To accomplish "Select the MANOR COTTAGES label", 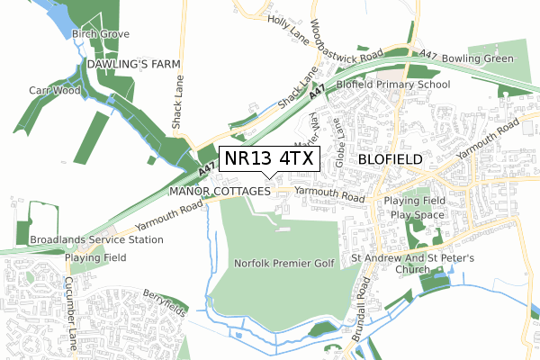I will pos(220,192).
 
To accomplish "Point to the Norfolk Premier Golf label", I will pos(283,263).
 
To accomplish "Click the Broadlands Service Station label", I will pos(96,240).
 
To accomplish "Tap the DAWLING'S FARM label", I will pos(134,65).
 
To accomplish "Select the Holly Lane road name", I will pos(288,33).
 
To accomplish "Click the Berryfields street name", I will pos(164,302).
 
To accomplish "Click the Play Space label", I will pos(417,215).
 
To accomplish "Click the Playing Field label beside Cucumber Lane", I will pos(94,257).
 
